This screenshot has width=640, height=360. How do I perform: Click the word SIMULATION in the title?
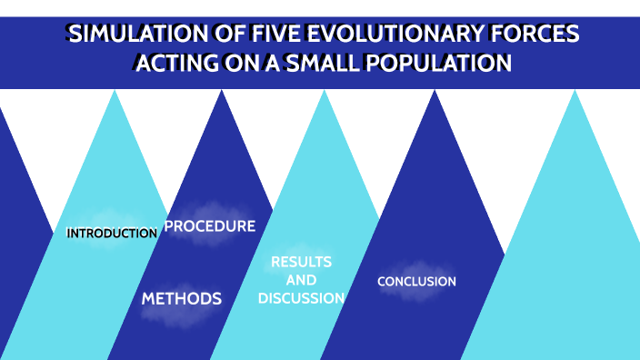[126, 35]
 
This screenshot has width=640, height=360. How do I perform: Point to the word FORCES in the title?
[531, 35]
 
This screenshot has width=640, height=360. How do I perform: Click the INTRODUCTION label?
[112, 234]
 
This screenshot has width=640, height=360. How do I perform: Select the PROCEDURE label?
[210, 226]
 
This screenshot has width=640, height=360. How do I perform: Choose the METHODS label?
[181, 299]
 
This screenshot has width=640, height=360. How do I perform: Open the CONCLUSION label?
[416, 282]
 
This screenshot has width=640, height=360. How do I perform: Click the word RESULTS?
[301, 262]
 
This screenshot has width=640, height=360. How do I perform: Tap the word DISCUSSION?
[301, 298]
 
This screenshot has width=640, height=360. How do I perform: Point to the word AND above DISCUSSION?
[301, 280]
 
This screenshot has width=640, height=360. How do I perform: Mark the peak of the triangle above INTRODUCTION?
[115, 91]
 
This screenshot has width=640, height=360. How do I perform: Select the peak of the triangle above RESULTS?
[325, 91]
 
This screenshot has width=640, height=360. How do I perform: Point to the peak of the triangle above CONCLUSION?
[435, 91]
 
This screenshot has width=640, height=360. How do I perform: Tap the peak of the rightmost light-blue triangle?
[575, 91]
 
